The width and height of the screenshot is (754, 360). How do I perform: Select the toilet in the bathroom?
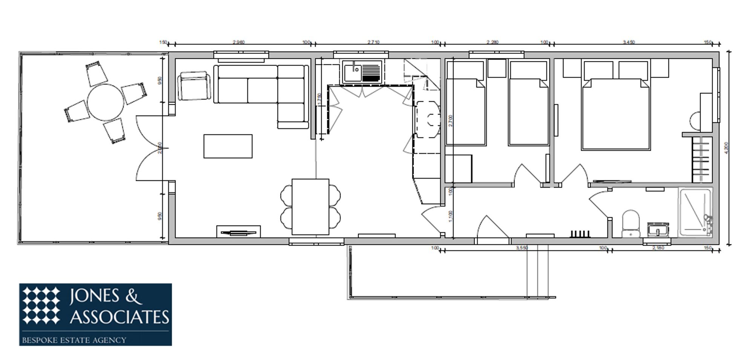pyautogui.click(x=631, y=223)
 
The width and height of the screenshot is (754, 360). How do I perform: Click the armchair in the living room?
pyautogui.click(x=194, y=86)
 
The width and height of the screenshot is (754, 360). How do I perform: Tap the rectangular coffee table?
pyautogui.click(x=228, y=146)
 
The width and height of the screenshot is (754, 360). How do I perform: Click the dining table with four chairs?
pyautogui.click(x=310, y=207)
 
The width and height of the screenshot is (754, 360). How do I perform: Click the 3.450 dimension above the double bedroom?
pyautogui.click(x=628, y=42)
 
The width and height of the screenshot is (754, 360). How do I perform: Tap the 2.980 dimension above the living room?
pyautogui.click(x=238, y=42)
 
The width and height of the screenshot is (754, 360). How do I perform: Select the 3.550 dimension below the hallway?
pyautogui.click(x=522, y=248)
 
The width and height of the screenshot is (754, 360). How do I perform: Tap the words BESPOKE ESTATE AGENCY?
pyautogui.click(x=74, y=340)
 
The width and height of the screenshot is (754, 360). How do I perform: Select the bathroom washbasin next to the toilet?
pyautogui.click(x=658, y=229)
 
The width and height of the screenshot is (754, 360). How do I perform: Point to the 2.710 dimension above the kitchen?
pyautogui.click(x=373, y=42)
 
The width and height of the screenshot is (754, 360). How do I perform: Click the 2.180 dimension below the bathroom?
pyautogui.click(x=658, y=248)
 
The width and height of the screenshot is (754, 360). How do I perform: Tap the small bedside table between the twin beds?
pyautogui.click(x=497, y=68)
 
